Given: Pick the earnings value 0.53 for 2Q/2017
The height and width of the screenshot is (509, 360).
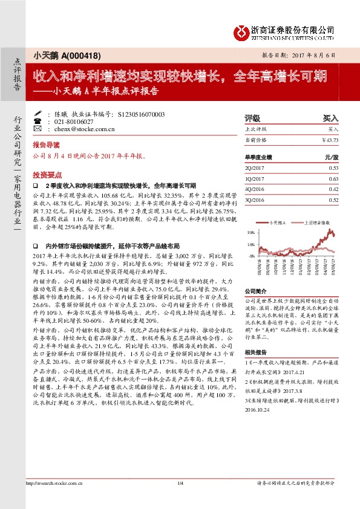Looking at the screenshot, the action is click(x=333, y=167).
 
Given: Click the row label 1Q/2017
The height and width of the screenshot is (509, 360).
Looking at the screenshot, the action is click(x=254, y=178).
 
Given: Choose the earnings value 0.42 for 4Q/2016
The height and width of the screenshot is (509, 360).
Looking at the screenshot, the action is click(x=333, y=189).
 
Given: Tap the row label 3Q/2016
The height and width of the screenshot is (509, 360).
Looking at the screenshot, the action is click(x=254, y=199).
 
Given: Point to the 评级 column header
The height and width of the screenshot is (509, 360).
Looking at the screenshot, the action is click(x=252, y=118).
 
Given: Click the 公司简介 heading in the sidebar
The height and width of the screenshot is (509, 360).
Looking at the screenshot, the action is click(x=254, y=291).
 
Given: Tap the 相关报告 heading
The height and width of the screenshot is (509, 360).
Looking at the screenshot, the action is click(x=254, y=351).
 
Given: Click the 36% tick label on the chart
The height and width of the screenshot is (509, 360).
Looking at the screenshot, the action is click(x=250, y=232).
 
